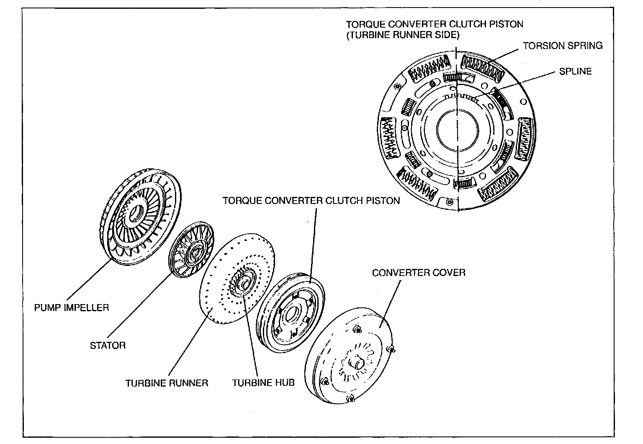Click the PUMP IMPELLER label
(72, 307)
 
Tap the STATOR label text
(108, 345)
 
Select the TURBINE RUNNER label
(167, 383)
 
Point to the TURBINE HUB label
(263, 383)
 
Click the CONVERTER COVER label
(419, 273)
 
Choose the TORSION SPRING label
(563, 46)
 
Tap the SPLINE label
(575, 72)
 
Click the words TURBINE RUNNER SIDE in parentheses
(403, 35)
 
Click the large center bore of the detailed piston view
(458, 130)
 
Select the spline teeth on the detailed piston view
(461, 98)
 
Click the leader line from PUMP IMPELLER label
(89, 279)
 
